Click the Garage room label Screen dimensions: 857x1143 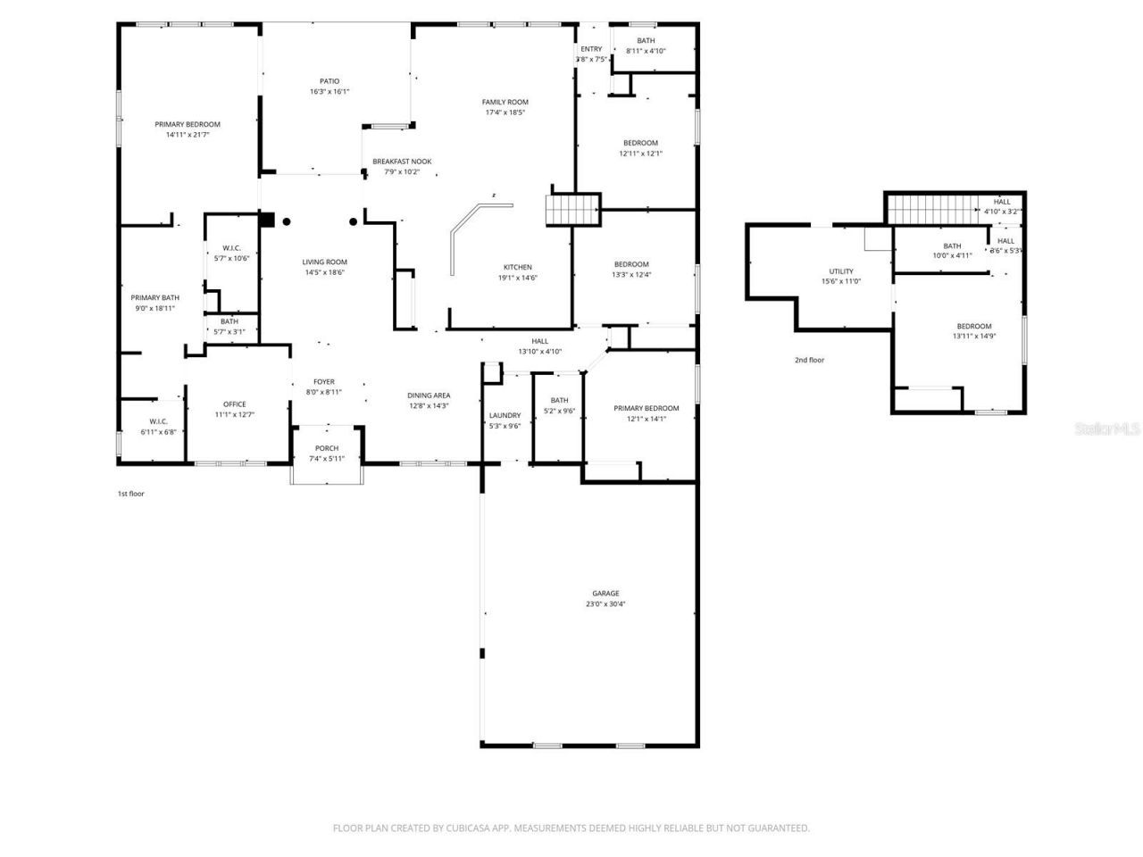[x=605, y=594]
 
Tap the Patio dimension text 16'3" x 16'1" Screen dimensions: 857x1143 [x=330, y=92]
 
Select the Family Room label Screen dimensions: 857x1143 [x=505, y=102]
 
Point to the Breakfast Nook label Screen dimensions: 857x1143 [x=402, y=162]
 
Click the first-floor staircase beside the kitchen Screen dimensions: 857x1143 [x=572, y=211]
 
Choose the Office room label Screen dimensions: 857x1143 [x=235, y=404]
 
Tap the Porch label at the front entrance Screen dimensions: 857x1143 [x=327, y=448]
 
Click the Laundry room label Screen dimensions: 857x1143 [x=505, y=415]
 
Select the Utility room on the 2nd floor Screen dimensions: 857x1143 [x=841, y=271]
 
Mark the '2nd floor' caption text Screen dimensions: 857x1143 [x=810, y=360]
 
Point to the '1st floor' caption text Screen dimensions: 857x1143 [x=131, y=494]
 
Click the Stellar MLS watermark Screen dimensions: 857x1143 [x=1107, y=429]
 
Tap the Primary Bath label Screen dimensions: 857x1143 [x=155, y=297]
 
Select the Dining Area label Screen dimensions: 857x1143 [x=429, y=395]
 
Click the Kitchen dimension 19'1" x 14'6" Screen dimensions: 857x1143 [x=518, y=278]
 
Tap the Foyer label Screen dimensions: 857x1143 [x=324, y=381]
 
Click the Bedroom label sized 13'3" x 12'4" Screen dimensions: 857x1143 [x=631, y=264]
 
